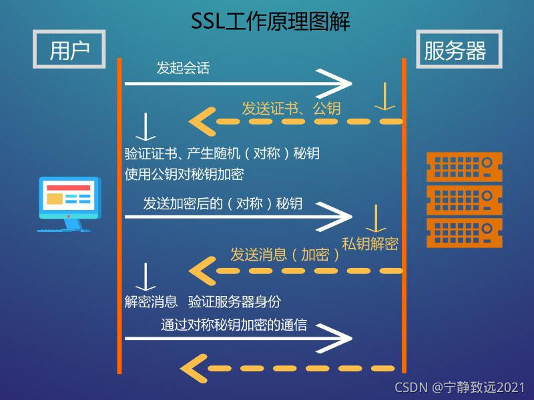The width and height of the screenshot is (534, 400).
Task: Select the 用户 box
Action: click(x=69, y=49)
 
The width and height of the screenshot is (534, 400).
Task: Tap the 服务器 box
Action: click(x=455, y=49)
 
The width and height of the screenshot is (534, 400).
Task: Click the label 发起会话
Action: click(x=183, y=68)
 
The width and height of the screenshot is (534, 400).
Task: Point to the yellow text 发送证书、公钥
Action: click(x=291, y=108)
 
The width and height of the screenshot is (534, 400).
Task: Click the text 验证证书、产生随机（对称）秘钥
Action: click(x=222, y=154)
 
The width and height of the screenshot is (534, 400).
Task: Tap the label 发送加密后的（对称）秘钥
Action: click(x=223, y=203)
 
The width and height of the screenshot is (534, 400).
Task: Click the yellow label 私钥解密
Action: click(x=370, y=243)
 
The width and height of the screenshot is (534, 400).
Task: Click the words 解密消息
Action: click(x=151, y=301)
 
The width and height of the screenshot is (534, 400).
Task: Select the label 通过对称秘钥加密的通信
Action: click(x=234, y=325)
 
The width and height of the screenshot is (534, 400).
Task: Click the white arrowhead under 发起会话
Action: click(x=338, y=83)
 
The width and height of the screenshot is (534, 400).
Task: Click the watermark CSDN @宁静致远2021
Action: click(x=459, y=387)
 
